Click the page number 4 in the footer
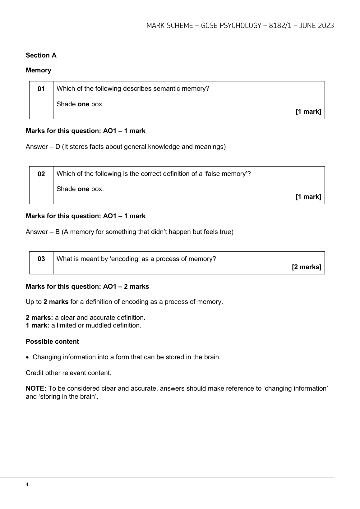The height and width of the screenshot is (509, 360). pos(27,484)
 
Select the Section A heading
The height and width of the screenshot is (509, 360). pos(41,55)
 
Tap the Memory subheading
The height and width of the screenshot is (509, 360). pos(38,70)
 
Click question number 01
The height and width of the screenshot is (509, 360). pos(41,89)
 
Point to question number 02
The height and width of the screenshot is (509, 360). pos(41,174)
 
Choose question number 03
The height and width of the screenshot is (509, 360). pos(41,259)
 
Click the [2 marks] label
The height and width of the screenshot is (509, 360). pos(306,267)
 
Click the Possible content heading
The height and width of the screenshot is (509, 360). pos(52,342)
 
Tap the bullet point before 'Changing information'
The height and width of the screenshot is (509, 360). pos(28,357)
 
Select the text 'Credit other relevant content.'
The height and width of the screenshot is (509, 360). pos(68,373)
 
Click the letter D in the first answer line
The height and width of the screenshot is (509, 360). pos(58,147)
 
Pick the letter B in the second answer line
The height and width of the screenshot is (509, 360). pos(58,232)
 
